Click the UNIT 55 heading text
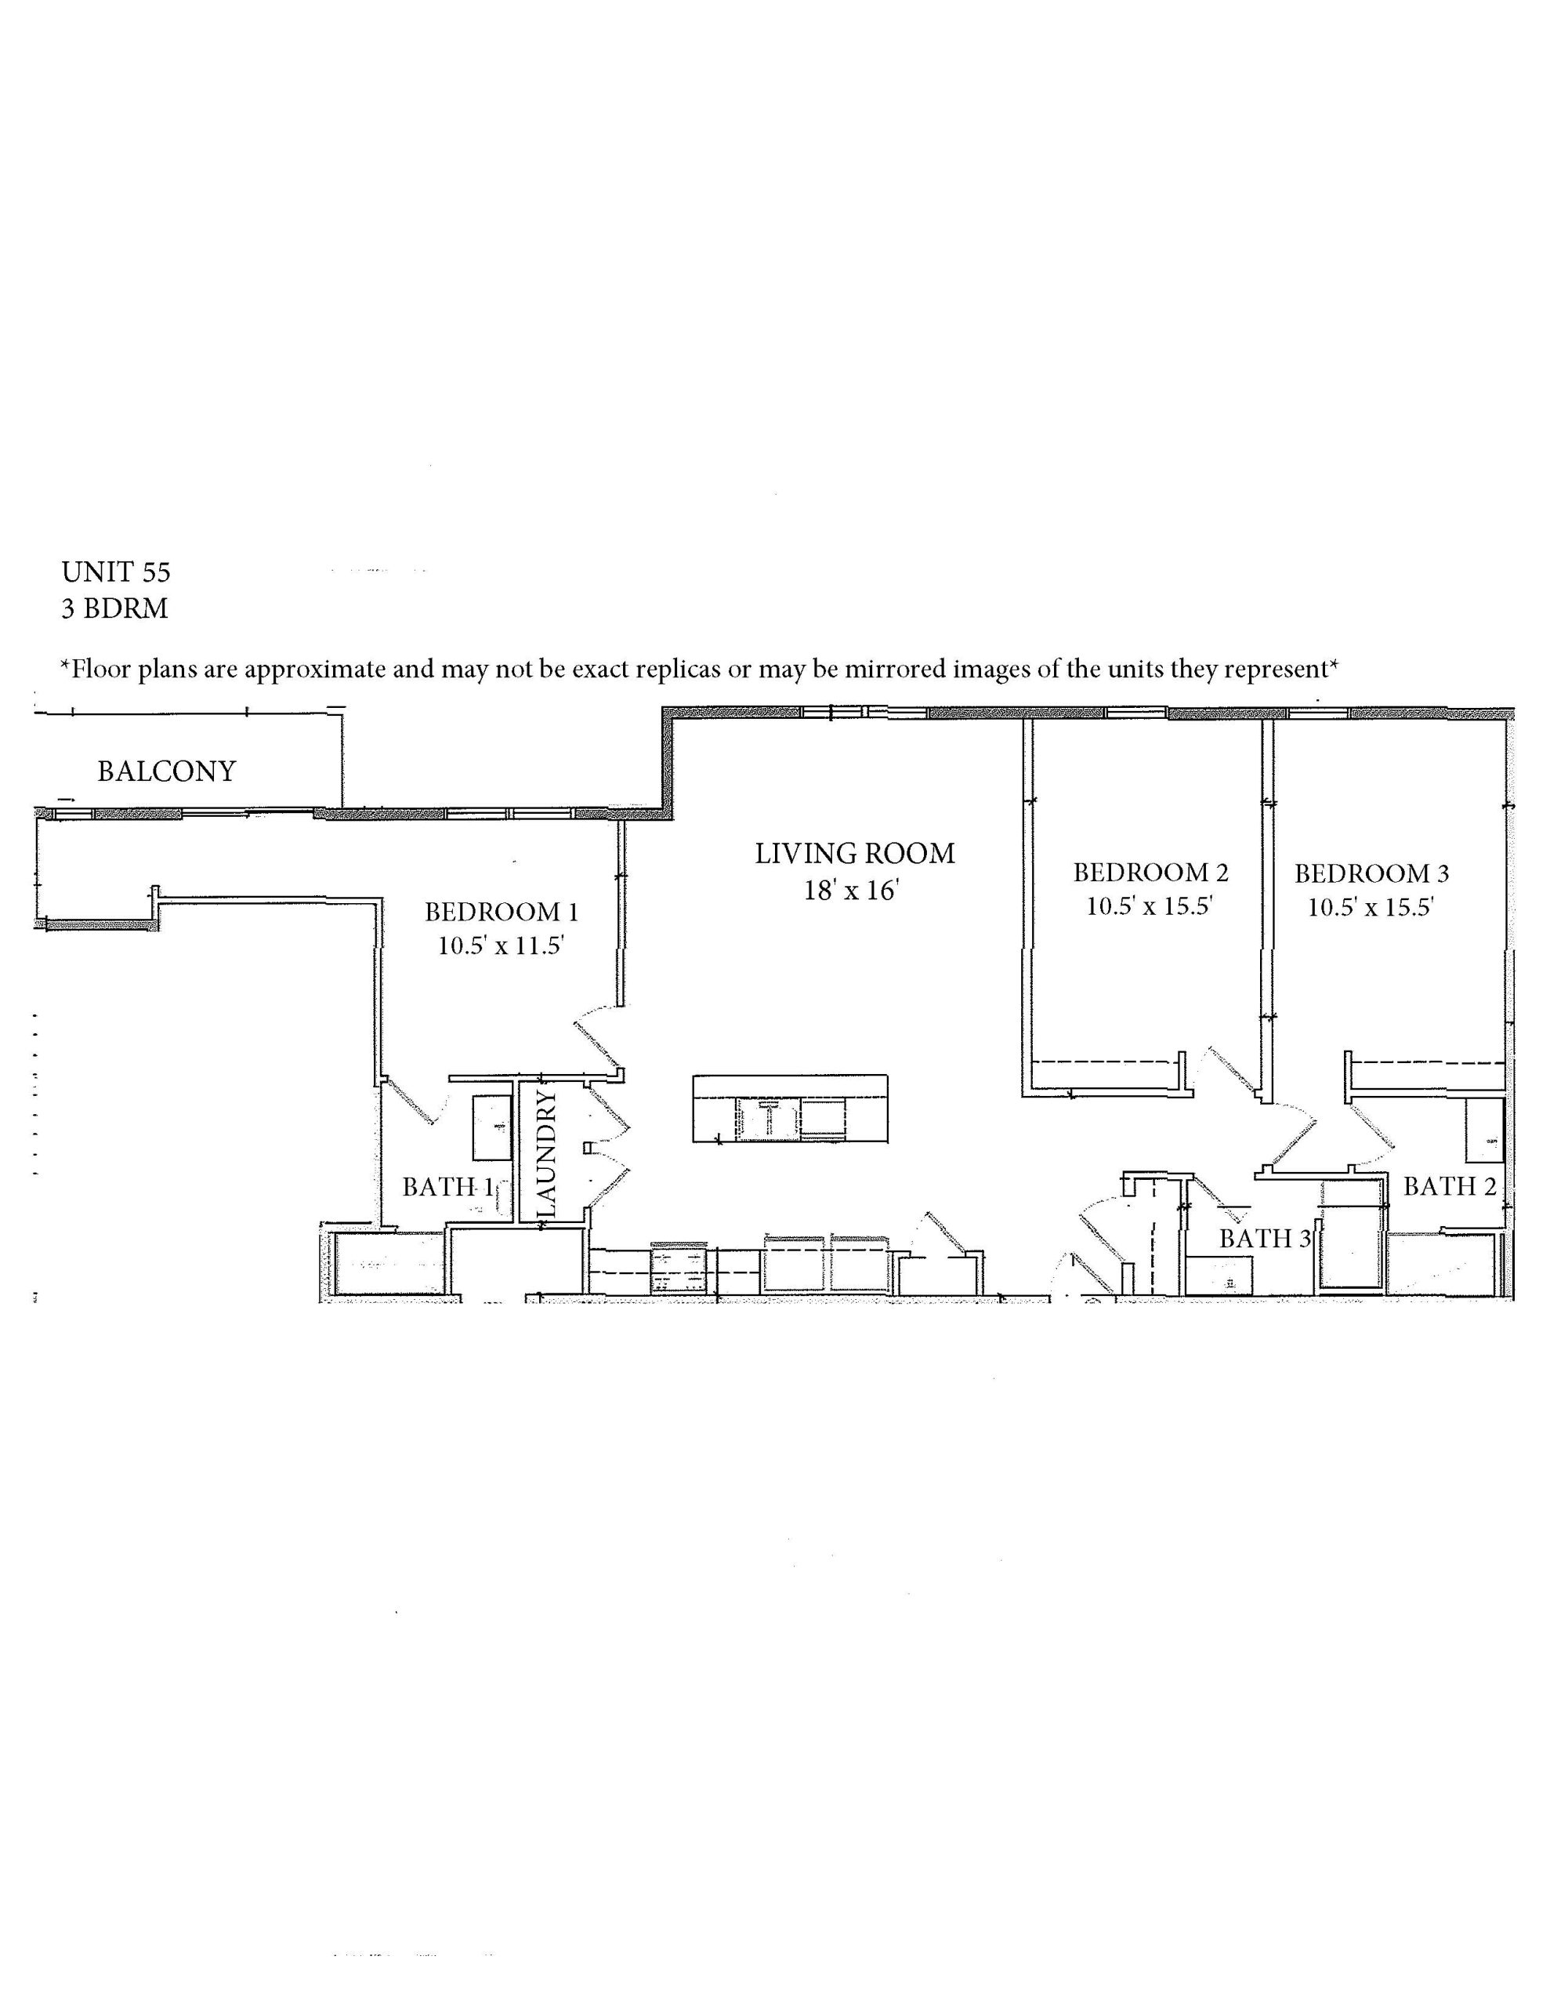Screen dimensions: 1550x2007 coord(116,572)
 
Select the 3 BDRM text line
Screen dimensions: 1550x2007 coord(115,608)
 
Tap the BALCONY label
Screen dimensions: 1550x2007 coord(167,771)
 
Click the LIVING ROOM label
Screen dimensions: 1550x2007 coord(856,854)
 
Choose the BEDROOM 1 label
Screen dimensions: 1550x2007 coord(502,912)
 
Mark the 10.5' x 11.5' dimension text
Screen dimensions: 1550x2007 coord(501,945)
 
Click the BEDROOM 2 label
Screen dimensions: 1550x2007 coord(1151,872)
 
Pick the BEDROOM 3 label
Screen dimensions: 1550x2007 coord(1372,873)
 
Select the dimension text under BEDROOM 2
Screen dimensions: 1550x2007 coord(1151,906)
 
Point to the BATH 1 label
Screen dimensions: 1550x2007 coord(448,1187)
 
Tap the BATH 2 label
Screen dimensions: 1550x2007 coord(1450,1186)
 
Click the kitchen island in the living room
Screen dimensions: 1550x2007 coord(790,1109)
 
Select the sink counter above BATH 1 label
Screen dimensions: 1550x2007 coord(492,1127)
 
